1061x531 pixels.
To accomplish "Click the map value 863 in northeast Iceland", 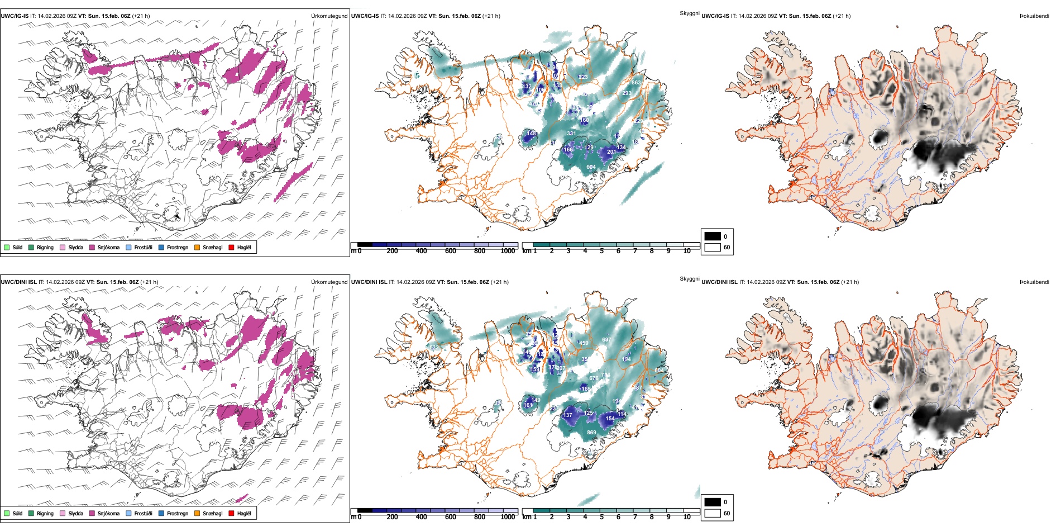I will (636, 83).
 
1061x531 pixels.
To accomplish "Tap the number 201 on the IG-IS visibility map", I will (611, 152).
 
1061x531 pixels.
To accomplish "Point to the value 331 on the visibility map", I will (571, 134).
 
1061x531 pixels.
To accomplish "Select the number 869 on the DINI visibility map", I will (591, 433).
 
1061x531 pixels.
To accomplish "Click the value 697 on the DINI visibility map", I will (606, 340).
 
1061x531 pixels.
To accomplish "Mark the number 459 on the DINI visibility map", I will (584, 343).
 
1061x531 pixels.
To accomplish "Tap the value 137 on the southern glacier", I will (568, 415).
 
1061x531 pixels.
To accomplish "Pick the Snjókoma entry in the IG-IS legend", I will (108, 248).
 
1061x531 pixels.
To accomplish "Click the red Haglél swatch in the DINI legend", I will (232, 513).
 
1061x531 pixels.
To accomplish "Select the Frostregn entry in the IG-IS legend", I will (177, 248).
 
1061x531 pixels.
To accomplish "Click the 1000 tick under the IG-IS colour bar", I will (508, 251).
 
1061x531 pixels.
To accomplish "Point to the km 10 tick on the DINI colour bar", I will (687, 517).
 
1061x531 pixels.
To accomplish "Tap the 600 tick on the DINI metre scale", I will (451, 517).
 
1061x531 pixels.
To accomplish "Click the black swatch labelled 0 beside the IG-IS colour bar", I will (713, 236).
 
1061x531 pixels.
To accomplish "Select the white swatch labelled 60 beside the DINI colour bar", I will (713, 513).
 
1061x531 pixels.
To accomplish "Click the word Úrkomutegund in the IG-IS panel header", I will (329, 16).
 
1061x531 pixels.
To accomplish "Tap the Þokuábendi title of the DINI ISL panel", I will (1034, 282).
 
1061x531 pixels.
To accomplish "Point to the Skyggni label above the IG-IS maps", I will (689, 13).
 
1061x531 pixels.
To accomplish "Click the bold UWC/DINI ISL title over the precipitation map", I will (18, 282).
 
